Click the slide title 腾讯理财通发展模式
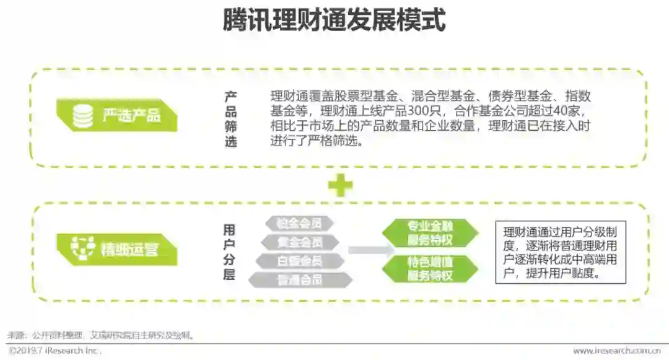334,20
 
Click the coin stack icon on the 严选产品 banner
82,116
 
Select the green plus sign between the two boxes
340,185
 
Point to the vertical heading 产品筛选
230,120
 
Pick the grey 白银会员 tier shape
300,261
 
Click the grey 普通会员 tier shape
300,280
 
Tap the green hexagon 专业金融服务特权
430,233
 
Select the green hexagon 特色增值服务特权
430,268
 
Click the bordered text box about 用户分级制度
560,252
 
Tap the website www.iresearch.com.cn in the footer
615,351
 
